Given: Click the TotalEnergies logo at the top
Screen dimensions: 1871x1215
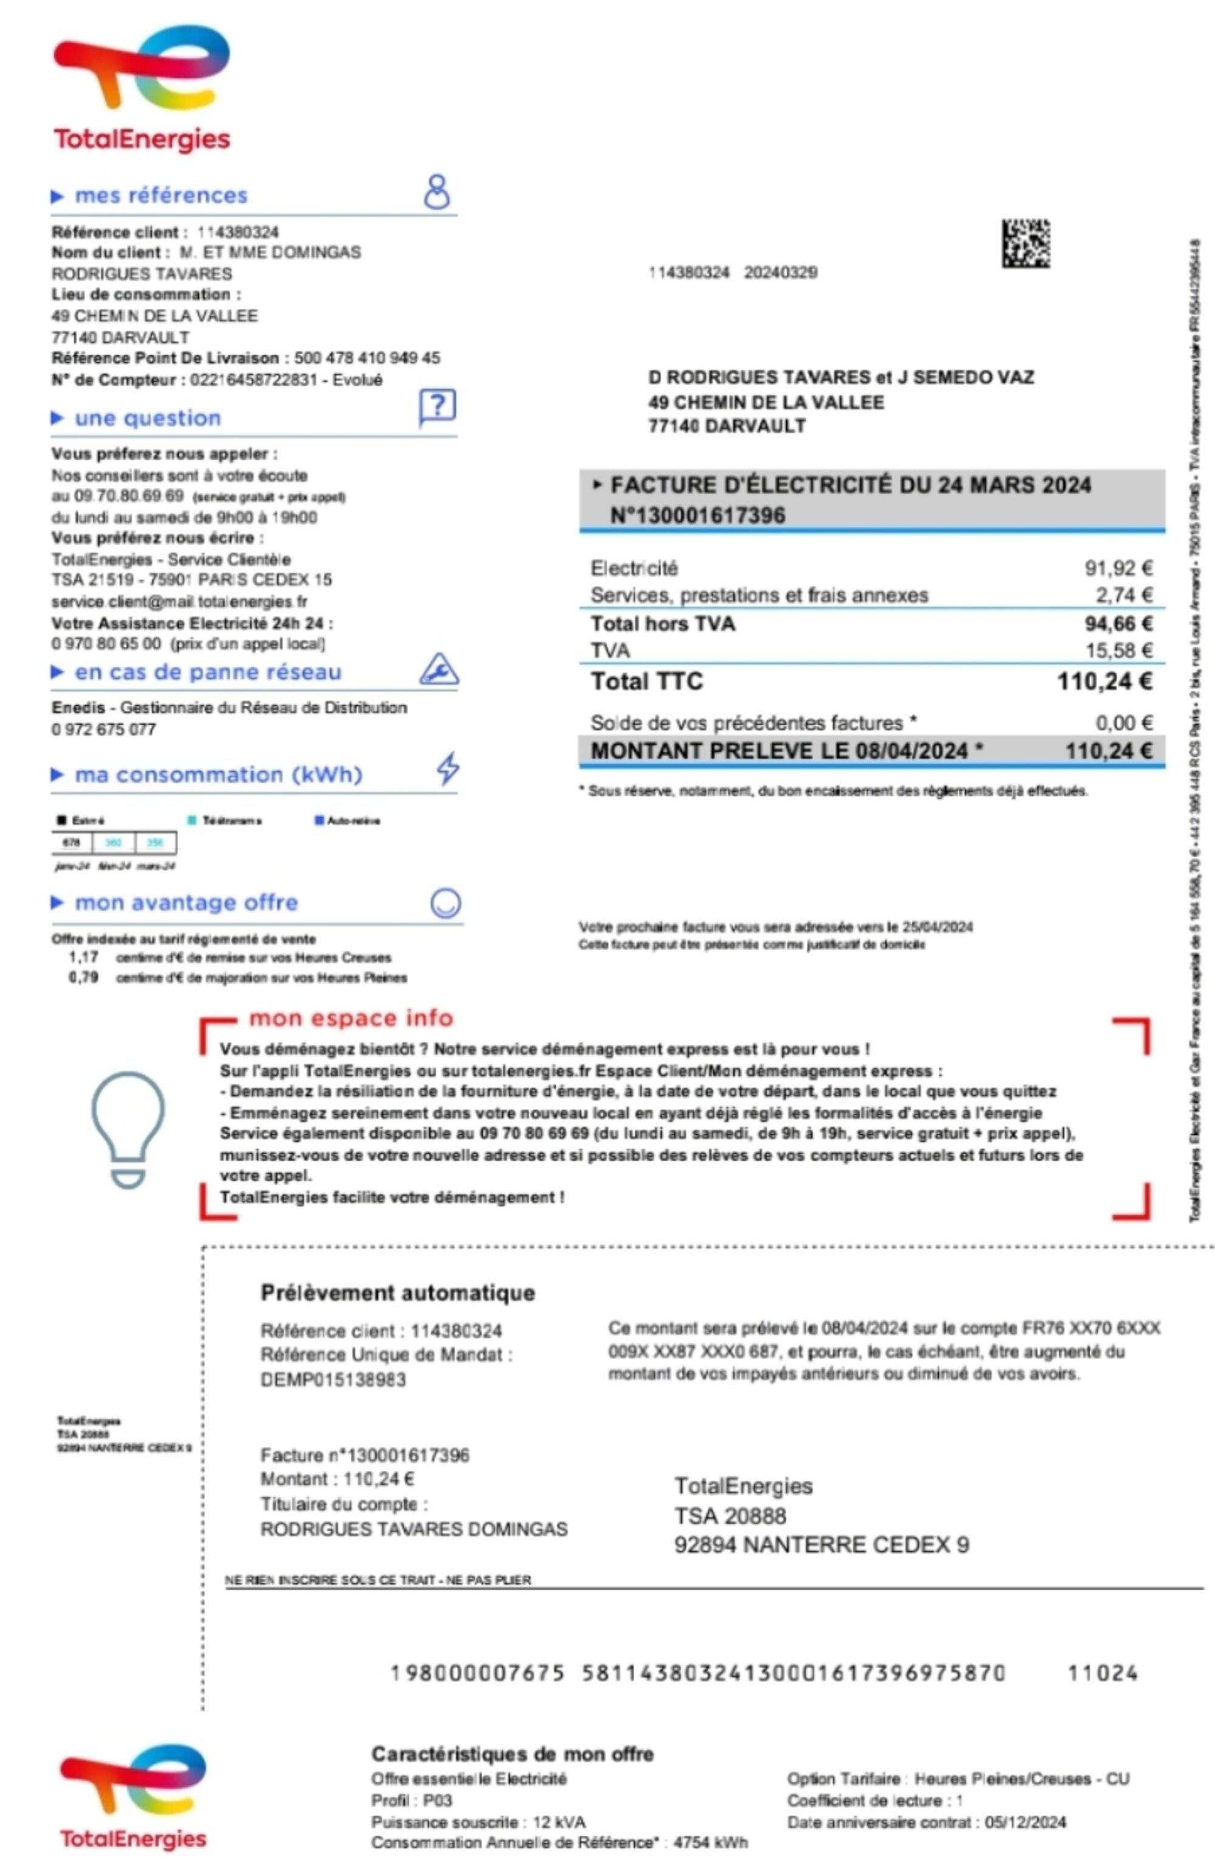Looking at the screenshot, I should [142, 86].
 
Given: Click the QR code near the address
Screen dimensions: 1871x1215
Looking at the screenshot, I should [1025, 243].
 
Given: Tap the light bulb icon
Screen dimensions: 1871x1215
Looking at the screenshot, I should [128, 1129].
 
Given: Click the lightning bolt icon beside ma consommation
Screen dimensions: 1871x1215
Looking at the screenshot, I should [448, 768].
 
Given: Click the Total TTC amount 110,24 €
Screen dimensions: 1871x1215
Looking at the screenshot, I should [1104, 681].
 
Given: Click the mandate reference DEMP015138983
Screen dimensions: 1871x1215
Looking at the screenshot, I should [333, 1380].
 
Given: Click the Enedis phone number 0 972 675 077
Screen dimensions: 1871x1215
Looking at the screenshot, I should [104, 729].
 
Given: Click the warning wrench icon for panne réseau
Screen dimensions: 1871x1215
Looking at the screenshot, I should [438, 669].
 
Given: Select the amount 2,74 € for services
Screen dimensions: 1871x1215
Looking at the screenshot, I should [1124, 595].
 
